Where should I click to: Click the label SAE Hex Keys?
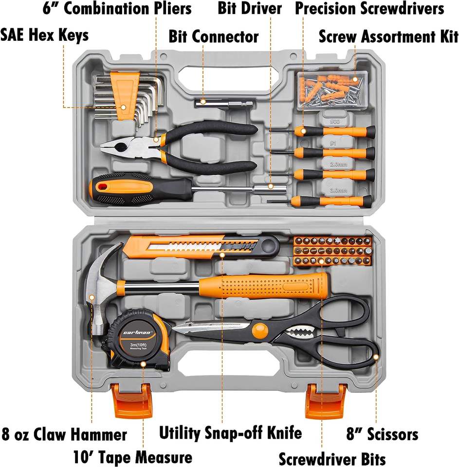click(45, 35)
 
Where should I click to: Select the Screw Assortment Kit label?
click(388, 36)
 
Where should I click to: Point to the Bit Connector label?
click(214, 36)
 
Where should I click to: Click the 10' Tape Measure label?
click(132, 457)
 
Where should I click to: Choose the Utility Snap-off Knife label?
click(231, 432)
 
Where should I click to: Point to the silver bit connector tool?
click(224, 103)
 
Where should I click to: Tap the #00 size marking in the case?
click(335, 122)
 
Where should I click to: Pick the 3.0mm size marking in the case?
click(336, 191)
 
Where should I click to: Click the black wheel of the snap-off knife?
click(268, 247)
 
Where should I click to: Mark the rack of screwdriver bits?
click(333, 251)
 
